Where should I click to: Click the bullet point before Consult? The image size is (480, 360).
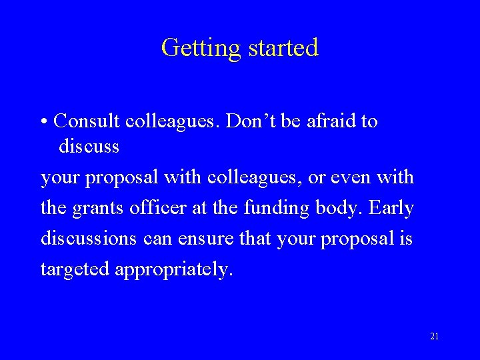coord(43,122)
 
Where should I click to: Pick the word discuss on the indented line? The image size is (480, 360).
coord(89,145)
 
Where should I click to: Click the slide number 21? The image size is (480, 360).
coord(434,336)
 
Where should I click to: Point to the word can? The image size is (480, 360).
coord(157,238)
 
